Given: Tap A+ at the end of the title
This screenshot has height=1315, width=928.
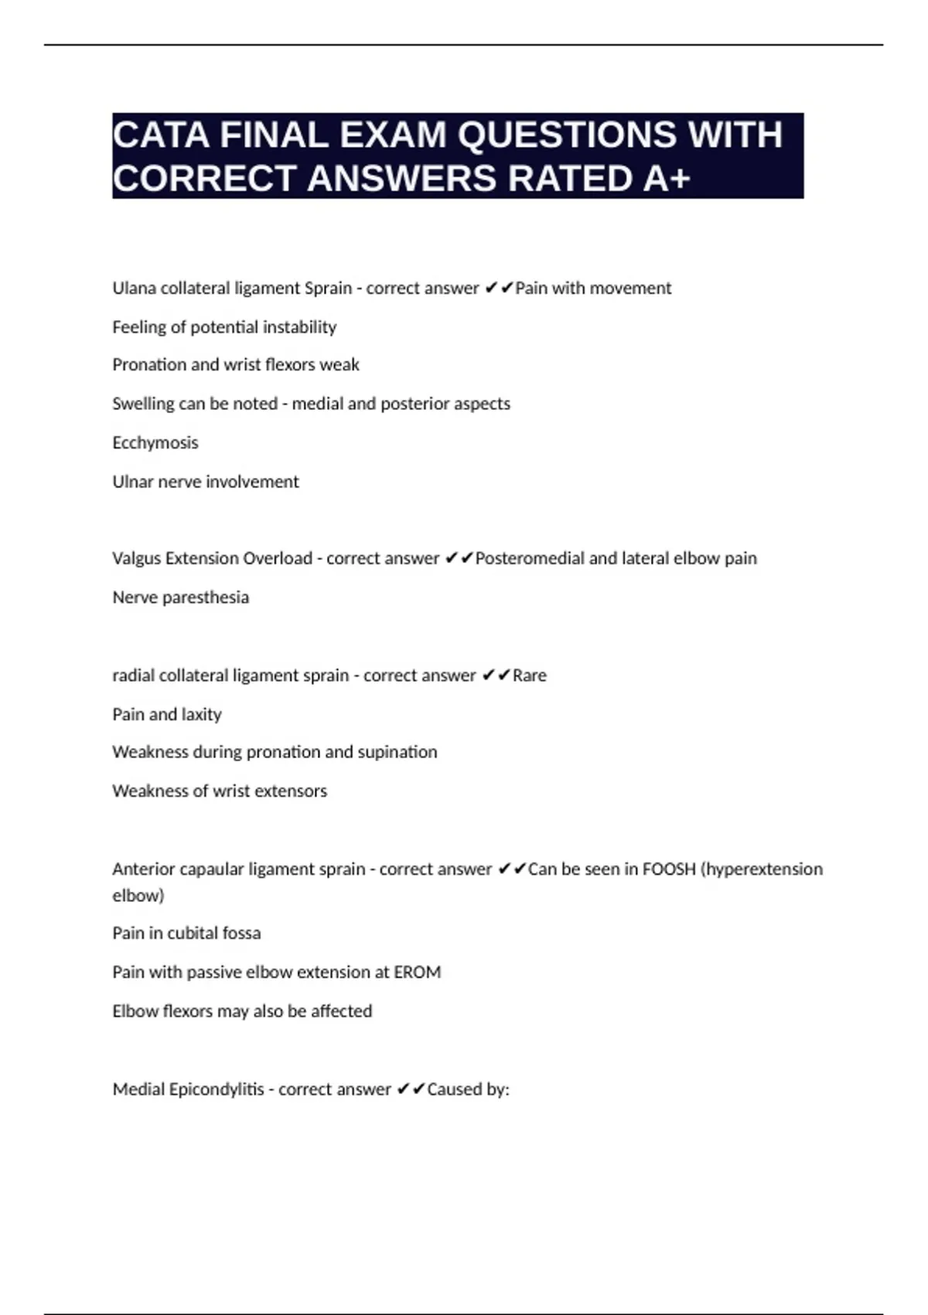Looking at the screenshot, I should pyautogui.click(x=666, y=179).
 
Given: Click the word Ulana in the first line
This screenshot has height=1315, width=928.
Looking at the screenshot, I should pyautogui.click(x=134, y=289).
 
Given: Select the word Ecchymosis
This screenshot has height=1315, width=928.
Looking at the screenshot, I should pyautogui.click(x=155, y=443).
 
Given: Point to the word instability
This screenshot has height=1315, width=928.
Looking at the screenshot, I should pyautogui.click(x=300, y=327).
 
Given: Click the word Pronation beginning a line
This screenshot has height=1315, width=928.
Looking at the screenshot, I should pyautogui.click(x=148, y=365).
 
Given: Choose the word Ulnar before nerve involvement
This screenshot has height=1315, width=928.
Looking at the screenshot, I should pyautogui.click(x=132, y=482).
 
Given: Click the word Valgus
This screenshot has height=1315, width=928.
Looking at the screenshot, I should pyautogui.click(x=135, y=559).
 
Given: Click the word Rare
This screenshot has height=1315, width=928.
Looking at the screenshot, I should pyautogui.click(x=530, y=675).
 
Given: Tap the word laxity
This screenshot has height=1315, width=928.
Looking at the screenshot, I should pyautogui.click(x=202, y=715).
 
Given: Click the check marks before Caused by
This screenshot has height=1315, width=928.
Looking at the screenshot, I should pyautogui.click(x=411, y=1090).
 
